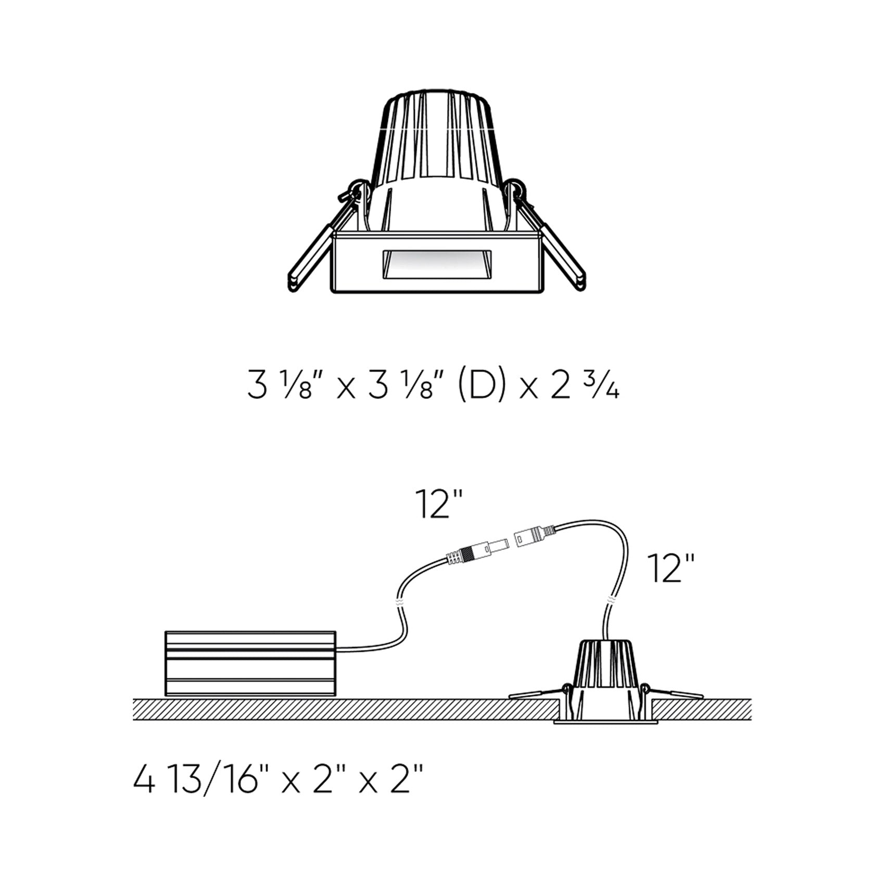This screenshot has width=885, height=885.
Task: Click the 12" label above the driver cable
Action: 439,504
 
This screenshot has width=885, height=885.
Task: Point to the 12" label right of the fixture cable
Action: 671,568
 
